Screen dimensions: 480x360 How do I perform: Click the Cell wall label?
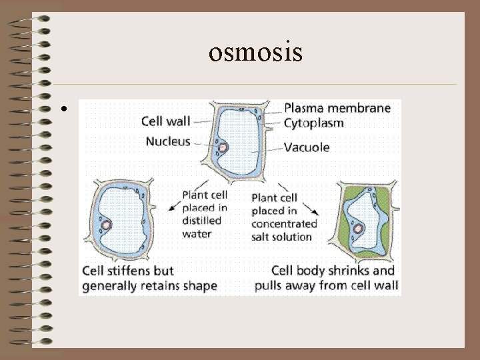166,121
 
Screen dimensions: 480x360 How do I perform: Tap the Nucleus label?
168,141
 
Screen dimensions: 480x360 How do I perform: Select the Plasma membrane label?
337,109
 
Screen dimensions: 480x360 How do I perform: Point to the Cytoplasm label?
314,123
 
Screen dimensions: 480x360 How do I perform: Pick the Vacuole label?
307,147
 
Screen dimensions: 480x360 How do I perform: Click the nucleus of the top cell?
223,147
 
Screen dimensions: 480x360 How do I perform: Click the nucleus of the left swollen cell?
105,223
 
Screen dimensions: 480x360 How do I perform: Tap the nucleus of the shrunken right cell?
359,229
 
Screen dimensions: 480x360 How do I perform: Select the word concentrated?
284,223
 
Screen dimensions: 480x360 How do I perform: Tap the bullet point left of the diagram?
61,108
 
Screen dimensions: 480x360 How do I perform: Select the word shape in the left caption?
201,286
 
